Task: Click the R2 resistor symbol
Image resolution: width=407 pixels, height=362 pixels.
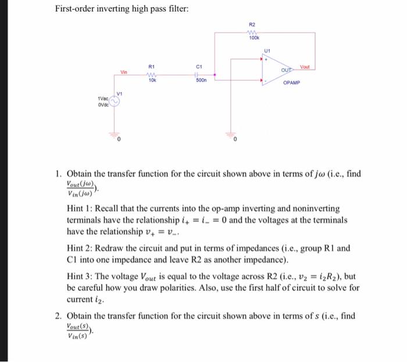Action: tap(252, 33)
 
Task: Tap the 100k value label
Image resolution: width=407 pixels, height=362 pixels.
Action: tap(253, 38)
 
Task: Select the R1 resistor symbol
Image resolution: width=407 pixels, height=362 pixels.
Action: tap(152, 74)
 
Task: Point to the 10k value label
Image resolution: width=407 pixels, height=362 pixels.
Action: tap(152, 80)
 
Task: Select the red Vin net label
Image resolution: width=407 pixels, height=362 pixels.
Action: tap(124, 72)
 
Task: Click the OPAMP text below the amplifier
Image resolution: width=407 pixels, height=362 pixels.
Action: tap(291, 83)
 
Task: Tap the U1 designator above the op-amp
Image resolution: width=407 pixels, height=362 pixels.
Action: tap(267, 51)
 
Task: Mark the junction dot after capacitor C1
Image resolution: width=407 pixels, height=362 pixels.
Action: tap(215, 74)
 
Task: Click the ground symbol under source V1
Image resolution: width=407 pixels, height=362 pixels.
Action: tap(115, 133)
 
